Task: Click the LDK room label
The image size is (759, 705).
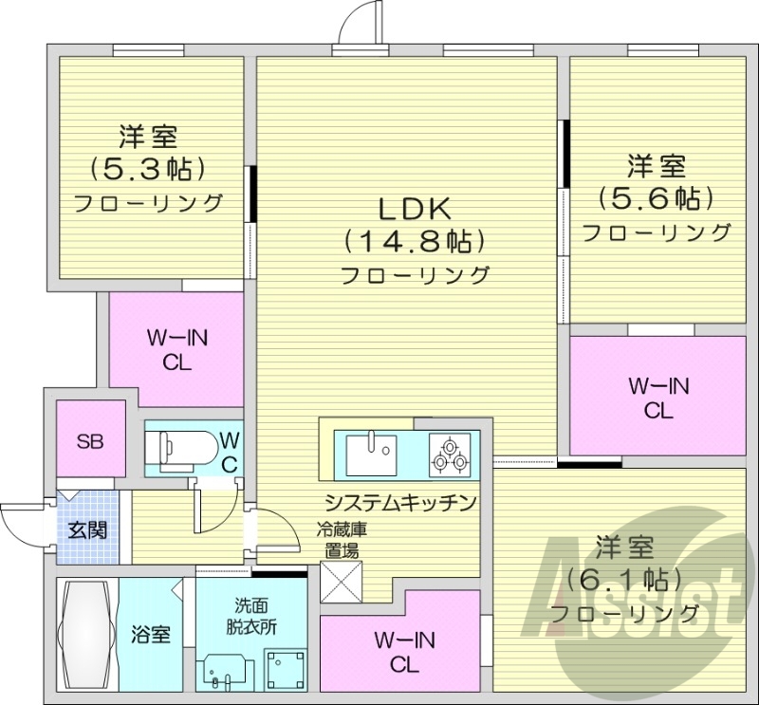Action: (x=414, y=207)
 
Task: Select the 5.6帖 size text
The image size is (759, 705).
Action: (x=656, y=198)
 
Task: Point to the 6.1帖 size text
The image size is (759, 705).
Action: (x=625, y=578)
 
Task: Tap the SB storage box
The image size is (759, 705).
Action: (x=90, y=440)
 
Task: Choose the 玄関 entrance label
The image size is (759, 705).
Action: (x=87, y=529)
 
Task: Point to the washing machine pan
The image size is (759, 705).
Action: (x=283, y=669)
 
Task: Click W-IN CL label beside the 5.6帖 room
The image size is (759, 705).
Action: (x=658, y=397)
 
